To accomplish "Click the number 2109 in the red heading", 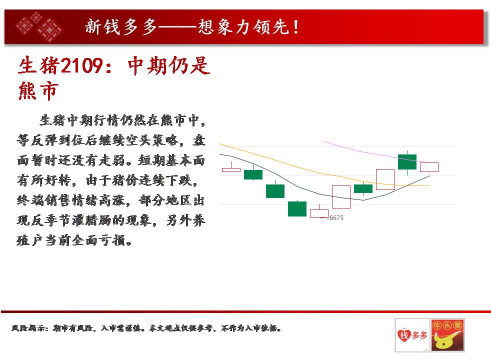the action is tap(81, 65).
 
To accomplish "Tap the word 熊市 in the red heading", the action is tap(38, 91).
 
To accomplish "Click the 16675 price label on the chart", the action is tap(334, 218).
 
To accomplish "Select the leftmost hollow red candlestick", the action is tap(231, 169).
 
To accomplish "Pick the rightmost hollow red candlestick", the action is tap(429, 167).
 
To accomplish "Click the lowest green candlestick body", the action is tap(297, 209).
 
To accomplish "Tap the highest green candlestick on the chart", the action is tap(407, 162).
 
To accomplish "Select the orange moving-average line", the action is tap(319, 173).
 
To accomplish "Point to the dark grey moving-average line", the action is tap(319, 194).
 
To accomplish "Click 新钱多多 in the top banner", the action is tap(121, 26).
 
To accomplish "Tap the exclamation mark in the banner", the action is tap(295, 27).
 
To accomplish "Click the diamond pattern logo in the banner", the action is tap(39, 27).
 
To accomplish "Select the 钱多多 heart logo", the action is tap(412, 335).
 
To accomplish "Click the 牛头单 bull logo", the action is tap(447, 335).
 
